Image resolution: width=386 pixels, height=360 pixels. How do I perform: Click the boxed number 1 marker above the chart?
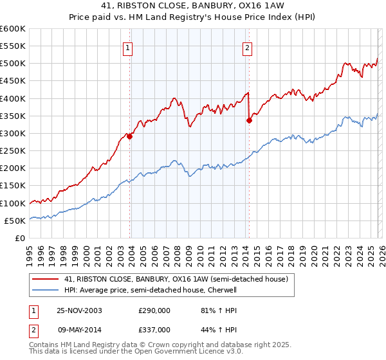click(127, 47)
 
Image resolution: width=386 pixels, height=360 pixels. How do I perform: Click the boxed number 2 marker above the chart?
click(247, 47)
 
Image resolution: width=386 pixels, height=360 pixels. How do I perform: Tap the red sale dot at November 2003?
click(130, 136)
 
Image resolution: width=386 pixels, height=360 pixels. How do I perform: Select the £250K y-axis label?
click(14, 151)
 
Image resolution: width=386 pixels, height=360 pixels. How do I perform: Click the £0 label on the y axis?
click(19, 239)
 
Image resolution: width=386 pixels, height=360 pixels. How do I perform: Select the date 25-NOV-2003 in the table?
click(80, 310)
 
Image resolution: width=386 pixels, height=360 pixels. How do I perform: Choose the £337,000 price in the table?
click(154, 329)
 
